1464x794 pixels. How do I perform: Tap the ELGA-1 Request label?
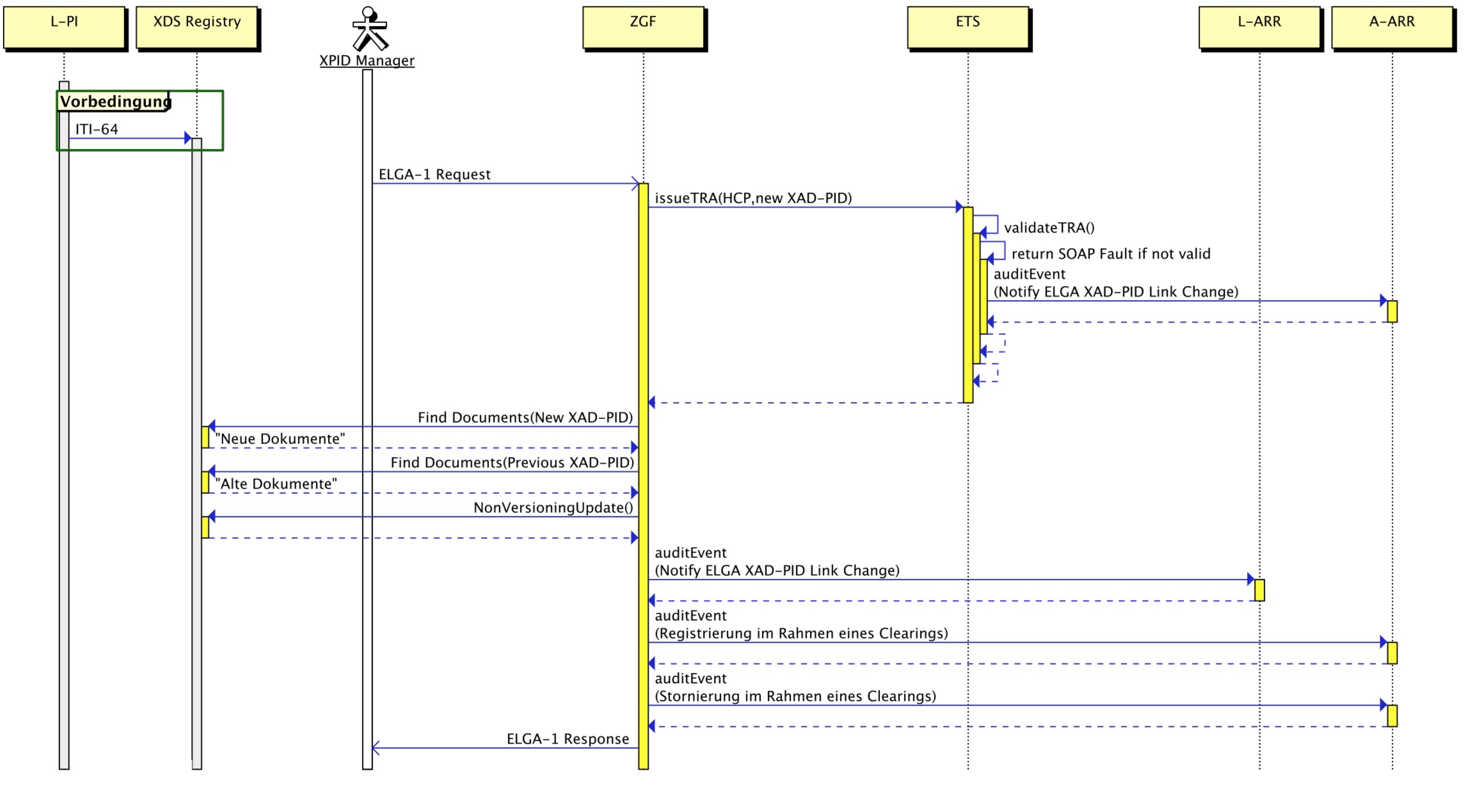[x=434, y=174]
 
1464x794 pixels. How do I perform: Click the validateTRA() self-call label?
[x=1048, y=228]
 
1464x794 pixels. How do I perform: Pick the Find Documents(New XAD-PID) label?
[x=525, y=417]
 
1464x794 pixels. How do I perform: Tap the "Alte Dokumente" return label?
[x=276, y=484]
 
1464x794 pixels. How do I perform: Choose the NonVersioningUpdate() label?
[x=553, y=508]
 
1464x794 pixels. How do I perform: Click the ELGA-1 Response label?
[x=567, y=739]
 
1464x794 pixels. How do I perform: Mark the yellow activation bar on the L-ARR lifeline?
[x=1259, y=590]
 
